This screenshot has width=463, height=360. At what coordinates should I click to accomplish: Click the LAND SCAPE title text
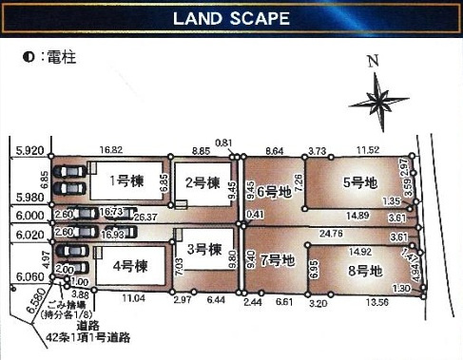tap(231, 18)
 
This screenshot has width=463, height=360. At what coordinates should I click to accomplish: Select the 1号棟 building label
tap(125, 180)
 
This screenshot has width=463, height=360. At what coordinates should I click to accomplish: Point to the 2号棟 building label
tap(202, 182)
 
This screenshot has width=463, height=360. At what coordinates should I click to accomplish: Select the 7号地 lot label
tap(279, 258)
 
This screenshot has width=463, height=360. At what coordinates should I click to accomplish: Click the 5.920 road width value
tap(30, 150)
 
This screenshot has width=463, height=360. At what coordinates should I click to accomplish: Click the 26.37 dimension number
tap(145, 218)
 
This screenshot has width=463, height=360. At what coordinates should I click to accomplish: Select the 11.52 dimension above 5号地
tap(367, 150)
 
